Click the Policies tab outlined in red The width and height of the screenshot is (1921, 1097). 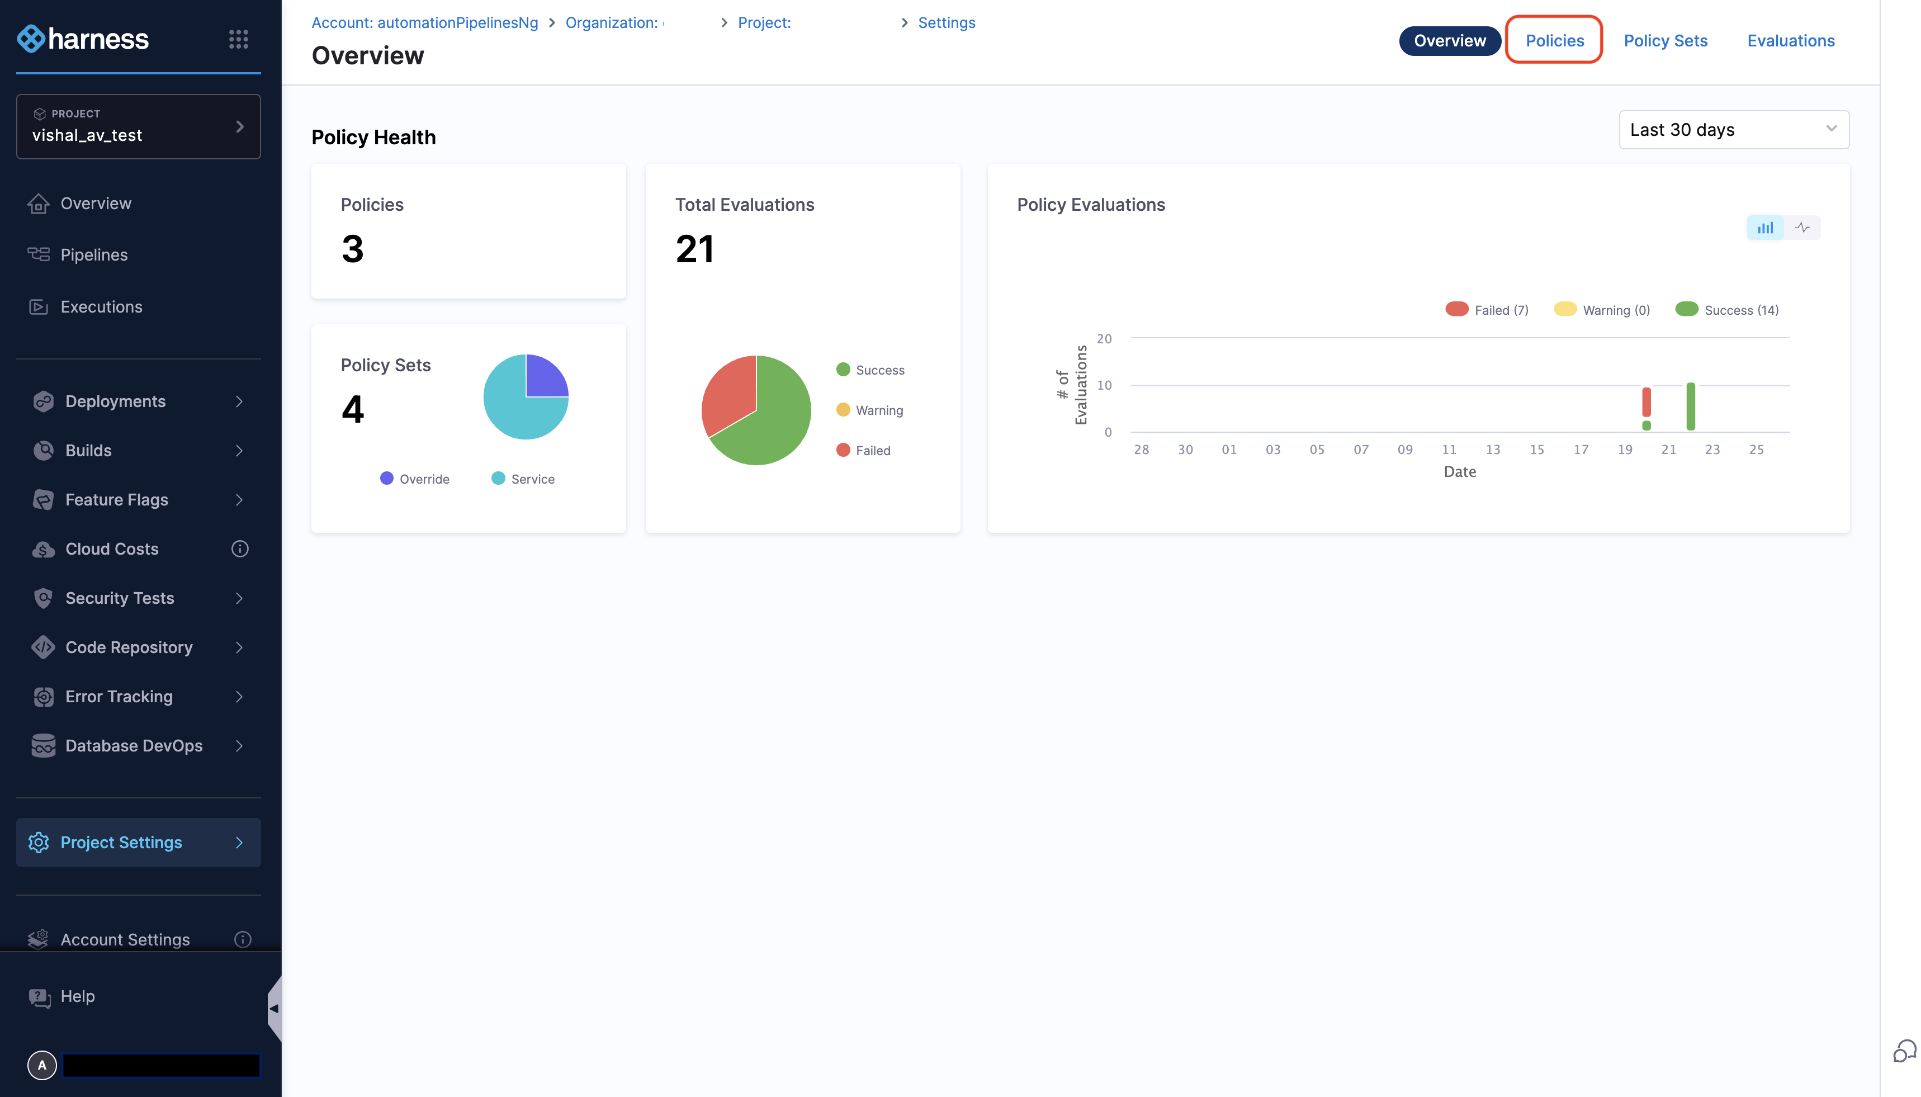tap(1554, 41)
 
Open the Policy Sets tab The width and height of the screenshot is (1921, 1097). tap(1665, 41)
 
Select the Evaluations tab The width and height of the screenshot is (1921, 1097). tap(1790, 41)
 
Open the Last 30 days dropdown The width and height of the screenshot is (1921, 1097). tap(1733, 130)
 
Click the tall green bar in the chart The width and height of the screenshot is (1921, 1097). tap(1691, 407)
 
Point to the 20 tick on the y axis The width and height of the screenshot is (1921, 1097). tap(1104, 339)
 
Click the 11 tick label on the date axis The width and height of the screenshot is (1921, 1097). tap(1449, 450)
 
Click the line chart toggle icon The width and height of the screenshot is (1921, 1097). tap(1802, 228)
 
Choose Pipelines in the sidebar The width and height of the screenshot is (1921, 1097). tap(94, 254)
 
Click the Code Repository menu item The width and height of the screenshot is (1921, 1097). tap(129, 647)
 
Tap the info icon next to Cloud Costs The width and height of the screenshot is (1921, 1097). tap(239, 549)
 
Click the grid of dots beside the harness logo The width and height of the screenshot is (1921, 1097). tap(238, 39)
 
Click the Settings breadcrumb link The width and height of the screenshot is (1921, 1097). tap(946, 22)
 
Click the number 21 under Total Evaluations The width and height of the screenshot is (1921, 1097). tap(694, 249)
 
